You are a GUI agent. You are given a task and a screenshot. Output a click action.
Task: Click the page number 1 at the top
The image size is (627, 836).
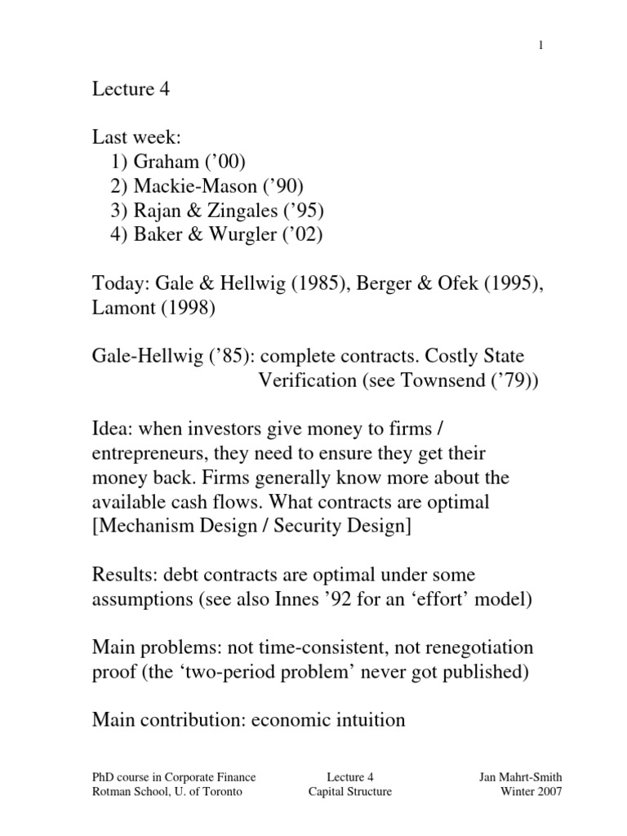[540, 46]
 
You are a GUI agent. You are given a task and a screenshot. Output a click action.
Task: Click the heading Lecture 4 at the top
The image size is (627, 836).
[131, 90]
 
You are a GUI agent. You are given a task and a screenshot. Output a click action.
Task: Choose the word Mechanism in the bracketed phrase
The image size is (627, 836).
[142, 526]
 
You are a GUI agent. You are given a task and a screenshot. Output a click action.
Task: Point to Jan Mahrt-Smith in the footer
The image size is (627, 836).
[520, 777]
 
